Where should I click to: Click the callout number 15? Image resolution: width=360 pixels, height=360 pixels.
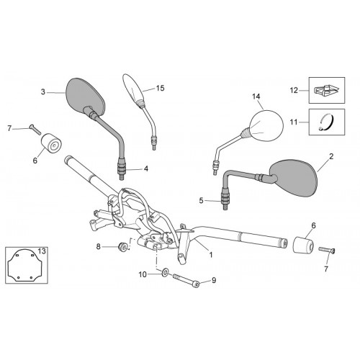161,88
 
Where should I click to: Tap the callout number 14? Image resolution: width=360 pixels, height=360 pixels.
256,96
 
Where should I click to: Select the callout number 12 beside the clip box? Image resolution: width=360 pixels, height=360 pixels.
294,90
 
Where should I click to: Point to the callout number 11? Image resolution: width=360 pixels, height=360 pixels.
294,122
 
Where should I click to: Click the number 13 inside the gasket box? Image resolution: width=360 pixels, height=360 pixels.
42,251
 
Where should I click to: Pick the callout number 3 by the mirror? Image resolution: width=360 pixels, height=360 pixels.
43,91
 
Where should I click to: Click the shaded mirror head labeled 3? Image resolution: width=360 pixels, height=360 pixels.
85,96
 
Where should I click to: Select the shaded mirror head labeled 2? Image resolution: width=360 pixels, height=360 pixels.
294,177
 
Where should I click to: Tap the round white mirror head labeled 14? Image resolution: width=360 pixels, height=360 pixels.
266,125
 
